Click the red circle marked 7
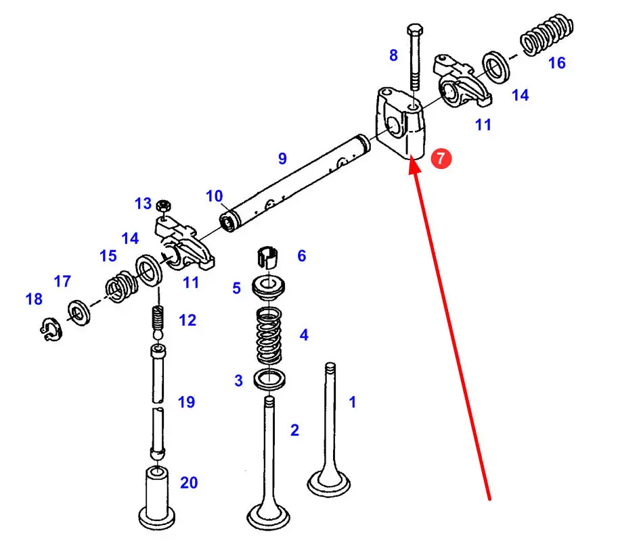pyautogui.click(x=441, y=159)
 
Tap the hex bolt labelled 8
pyautogui.click(x=414, y=61)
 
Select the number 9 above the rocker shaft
pyautogui.click(x=282, y=159)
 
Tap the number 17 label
pyautogui.click(x=62, y=281)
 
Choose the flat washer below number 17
pyautogui.click(x=79, y=312)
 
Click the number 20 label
pyautogui.click(x=189, y=482)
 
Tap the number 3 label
pyautogui.click(x=238, y=381)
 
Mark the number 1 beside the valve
pyautogui.click(x=352, y=402)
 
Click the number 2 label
pyautogui.click(x=294, y=430)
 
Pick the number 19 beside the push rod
pyautogui.click(x=186, y=402)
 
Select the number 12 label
pyautogui.click(x=187, y=320)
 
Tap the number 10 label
pyautogui.click(x=215, y=197)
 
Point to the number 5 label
pyautogui.click(x=236, y=288)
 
